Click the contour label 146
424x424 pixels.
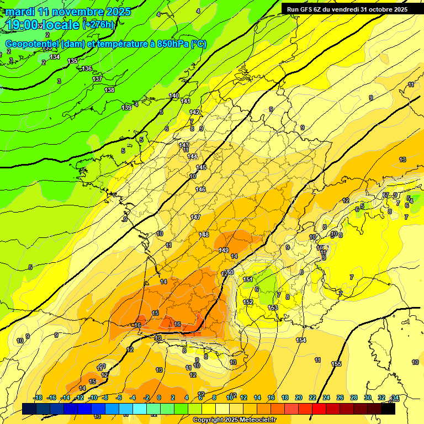(200, 189)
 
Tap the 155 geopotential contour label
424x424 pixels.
(336, 364)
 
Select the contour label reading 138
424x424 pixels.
(109, 90)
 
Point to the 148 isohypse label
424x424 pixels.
(204, 235)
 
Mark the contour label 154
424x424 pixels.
(301, 340)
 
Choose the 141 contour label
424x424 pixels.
(185, 101)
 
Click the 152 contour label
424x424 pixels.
(248, 302)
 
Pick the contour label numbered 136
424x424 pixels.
(87, 68)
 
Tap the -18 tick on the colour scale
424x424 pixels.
(38, 397)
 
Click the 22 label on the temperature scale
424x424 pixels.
(312, 397)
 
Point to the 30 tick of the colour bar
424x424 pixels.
(368, 397)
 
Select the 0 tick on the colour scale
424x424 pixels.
(158, 397)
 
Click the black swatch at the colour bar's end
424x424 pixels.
(388, 409)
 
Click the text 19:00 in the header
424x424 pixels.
(23, 25)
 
